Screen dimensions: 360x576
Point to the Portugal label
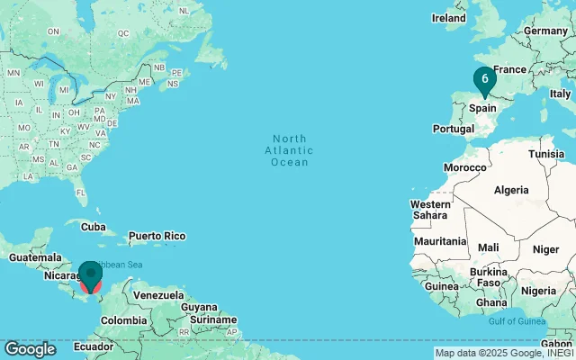pyautogui.click(x=453, y=129)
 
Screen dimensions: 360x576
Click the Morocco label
pyautogui.click(x=465, y=167)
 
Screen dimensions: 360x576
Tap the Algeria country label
pyautogui.click(x=511, y=190)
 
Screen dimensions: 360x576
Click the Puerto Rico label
pyautogui.click(x=156, y=236)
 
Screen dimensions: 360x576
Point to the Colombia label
pyautogui.click(x=123, y=320)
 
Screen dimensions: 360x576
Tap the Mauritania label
pyautogui.click(x=440, y=241)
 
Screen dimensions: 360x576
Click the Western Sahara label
pyautogui.click(x=430, y=210)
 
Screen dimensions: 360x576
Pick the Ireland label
pyautogui.click(x=449, y=17)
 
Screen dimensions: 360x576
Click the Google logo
pyautogui.click(x=30, y=349)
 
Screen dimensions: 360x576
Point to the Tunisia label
pyautogui.click(x=546, y=154)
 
